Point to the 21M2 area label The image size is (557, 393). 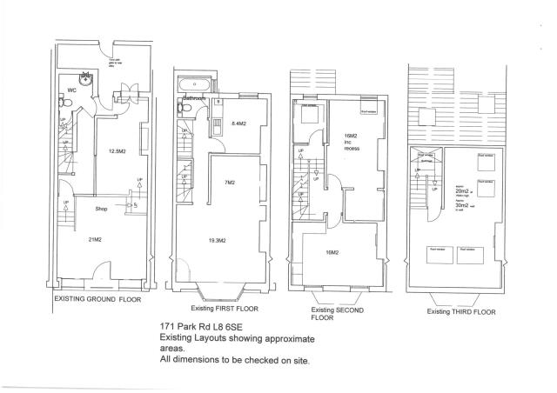96,239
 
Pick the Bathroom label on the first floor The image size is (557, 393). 193,99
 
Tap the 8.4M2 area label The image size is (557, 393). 238,124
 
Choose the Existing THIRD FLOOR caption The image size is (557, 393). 460,310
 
